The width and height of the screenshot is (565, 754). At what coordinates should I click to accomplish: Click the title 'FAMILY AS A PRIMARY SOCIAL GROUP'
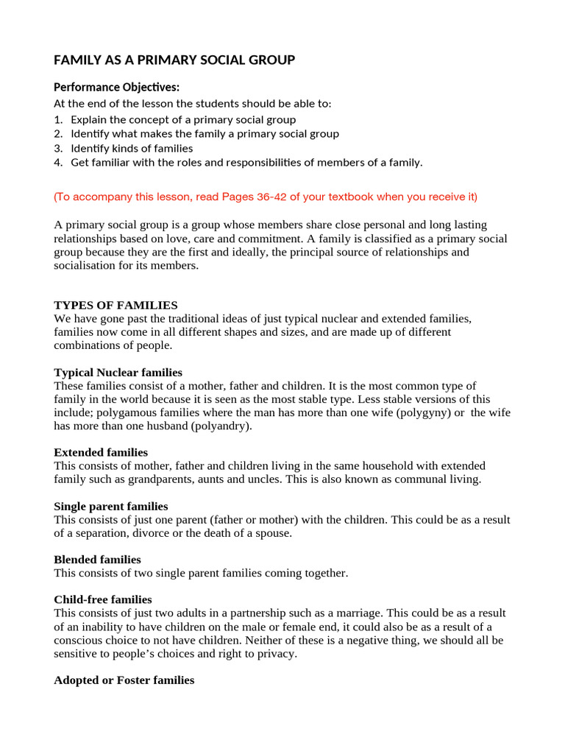pos(174,60)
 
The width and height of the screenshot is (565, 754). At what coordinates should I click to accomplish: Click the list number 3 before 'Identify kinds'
pos(57,148)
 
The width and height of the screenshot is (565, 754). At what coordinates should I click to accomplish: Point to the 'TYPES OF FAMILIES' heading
pos(116,305)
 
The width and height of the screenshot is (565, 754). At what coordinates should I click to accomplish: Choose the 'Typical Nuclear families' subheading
pos(118,373)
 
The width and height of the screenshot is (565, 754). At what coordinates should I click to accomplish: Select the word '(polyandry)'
pos(220,426)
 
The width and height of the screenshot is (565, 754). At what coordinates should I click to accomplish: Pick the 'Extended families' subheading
pos(101,452)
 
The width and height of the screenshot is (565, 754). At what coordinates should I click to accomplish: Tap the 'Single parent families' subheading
pos(111,507)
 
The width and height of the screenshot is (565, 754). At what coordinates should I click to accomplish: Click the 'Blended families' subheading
pos(97,560)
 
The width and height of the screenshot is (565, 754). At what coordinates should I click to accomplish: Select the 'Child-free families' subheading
pos(103,599)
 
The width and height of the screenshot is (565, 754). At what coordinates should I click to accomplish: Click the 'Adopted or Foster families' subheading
pos(124,680)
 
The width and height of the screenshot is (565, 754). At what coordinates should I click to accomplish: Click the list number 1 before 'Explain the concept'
pos(57,119)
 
